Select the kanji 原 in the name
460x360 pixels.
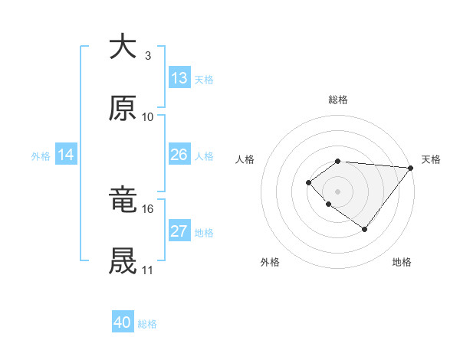click(123, 108)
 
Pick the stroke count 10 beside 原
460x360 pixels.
click(148, 117)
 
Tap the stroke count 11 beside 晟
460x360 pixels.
click(148, 271)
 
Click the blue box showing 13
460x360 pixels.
click(179, 78)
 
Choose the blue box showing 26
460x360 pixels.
click(179, 155)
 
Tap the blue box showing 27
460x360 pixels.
click(179, 231)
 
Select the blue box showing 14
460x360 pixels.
click(66, 155)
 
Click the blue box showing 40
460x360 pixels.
click(123, 323)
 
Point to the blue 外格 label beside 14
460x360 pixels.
click(41, 155)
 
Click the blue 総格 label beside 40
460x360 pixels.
click(147, 324)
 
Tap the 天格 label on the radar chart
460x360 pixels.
click(431, 159)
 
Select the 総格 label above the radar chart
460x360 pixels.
click(338, 100)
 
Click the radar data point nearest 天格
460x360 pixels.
click(410, 168)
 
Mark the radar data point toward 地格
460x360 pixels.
click(365, 229)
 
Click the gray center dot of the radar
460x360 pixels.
click(338, 191)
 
